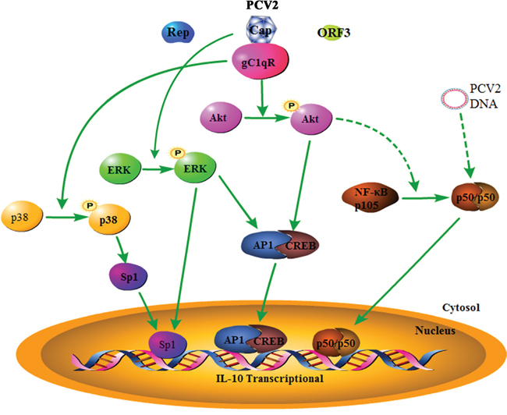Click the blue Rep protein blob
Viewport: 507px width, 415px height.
tap(175, 34)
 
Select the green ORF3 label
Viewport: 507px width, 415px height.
tap(333, 34)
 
